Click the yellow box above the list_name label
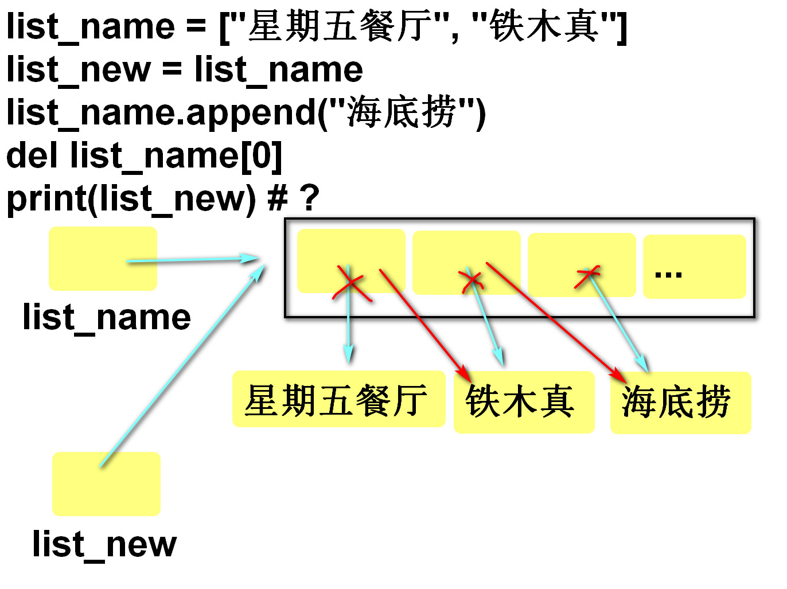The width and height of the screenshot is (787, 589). point(102,258)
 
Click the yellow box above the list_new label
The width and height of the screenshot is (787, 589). point(106,483)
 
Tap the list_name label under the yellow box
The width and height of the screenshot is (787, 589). point(107,317)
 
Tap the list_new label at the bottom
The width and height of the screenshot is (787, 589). point(104,544)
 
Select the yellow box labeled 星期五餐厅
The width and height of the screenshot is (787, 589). point(338,399)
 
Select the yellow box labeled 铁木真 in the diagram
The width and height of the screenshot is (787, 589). point(523,401)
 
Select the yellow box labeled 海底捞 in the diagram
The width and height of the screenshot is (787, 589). point(680,403)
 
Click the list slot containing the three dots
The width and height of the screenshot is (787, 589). point(694,267)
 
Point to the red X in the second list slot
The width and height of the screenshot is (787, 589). point(472,280)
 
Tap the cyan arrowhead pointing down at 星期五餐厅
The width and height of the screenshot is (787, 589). point(348,354)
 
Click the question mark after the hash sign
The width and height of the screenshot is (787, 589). point(309,198)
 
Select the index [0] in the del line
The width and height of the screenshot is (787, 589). point(261,155)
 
